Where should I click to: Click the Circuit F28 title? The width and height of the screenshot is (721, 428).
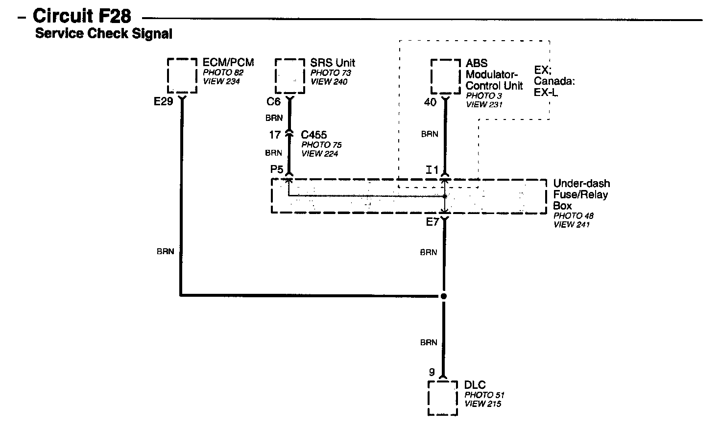(82, 16)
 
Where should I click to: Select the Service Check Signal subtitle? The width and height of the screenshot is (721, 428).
(103, 34)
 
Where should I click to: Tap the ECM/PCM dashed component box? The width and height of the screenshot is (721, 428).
(182, 75)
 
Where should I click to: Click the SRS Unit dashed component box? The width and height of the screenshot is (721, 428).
(289, 76)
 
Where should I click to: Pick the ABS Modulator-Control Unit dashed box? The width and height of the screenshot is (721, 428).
(445, 76)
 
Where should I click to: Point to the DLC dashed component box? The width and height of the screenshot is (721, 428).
(443, 398)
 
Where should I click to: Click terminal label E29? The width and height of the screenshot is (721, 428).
(163, 102)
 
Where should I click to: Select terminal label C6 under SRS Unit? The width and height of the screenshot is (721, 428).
(273, 102)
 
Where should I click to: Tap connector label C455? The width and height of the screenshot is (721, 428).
(314, 135)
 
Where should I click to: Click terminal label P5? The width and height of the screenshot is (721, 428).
(277, 169)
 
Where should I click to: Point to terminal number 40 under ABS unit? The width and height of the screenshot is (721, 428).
(430, 102)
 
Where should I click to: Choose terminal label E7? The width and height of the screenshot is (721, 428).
(433, 222)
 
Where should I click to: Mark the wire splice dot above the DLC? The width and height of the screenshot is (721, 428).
(444, 296)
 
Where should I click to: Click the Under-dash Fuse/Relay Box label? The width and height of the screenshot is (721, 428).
(581, 194)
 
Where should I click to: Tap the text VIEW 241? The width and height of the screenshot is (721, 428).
(572, 224)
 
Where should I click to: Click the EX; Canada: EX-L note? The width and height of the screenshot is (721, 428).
(554, 81)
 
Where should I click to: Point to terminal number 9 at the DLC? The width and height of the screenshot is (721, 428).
(432, 373)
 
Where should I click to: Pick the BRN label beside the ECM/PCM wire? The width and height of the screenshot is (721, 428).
(166, 252)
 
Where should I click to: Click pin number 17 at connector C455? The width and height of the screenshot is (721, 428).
(275, 135)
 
